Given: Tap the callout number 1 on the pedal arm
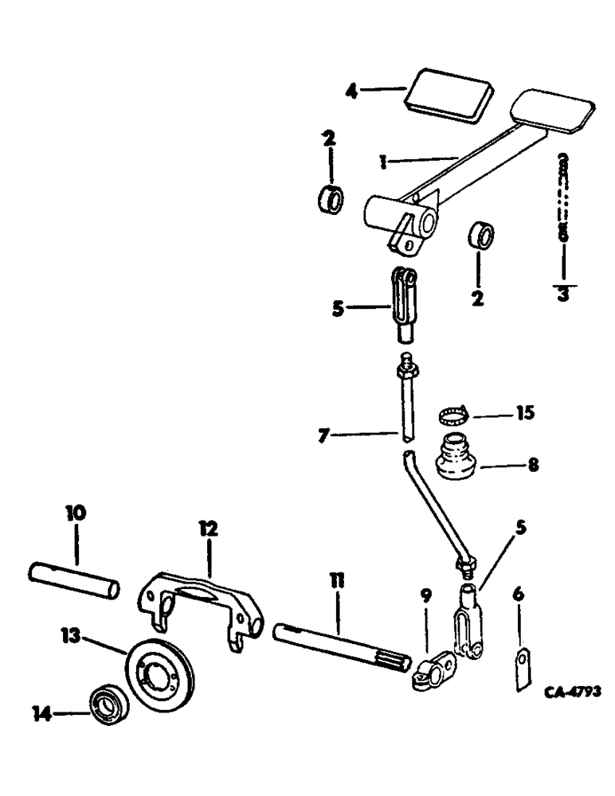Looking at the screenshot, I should tap(384, 162).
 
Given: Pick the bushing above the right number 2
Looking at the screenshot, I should tap(480, 236).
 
